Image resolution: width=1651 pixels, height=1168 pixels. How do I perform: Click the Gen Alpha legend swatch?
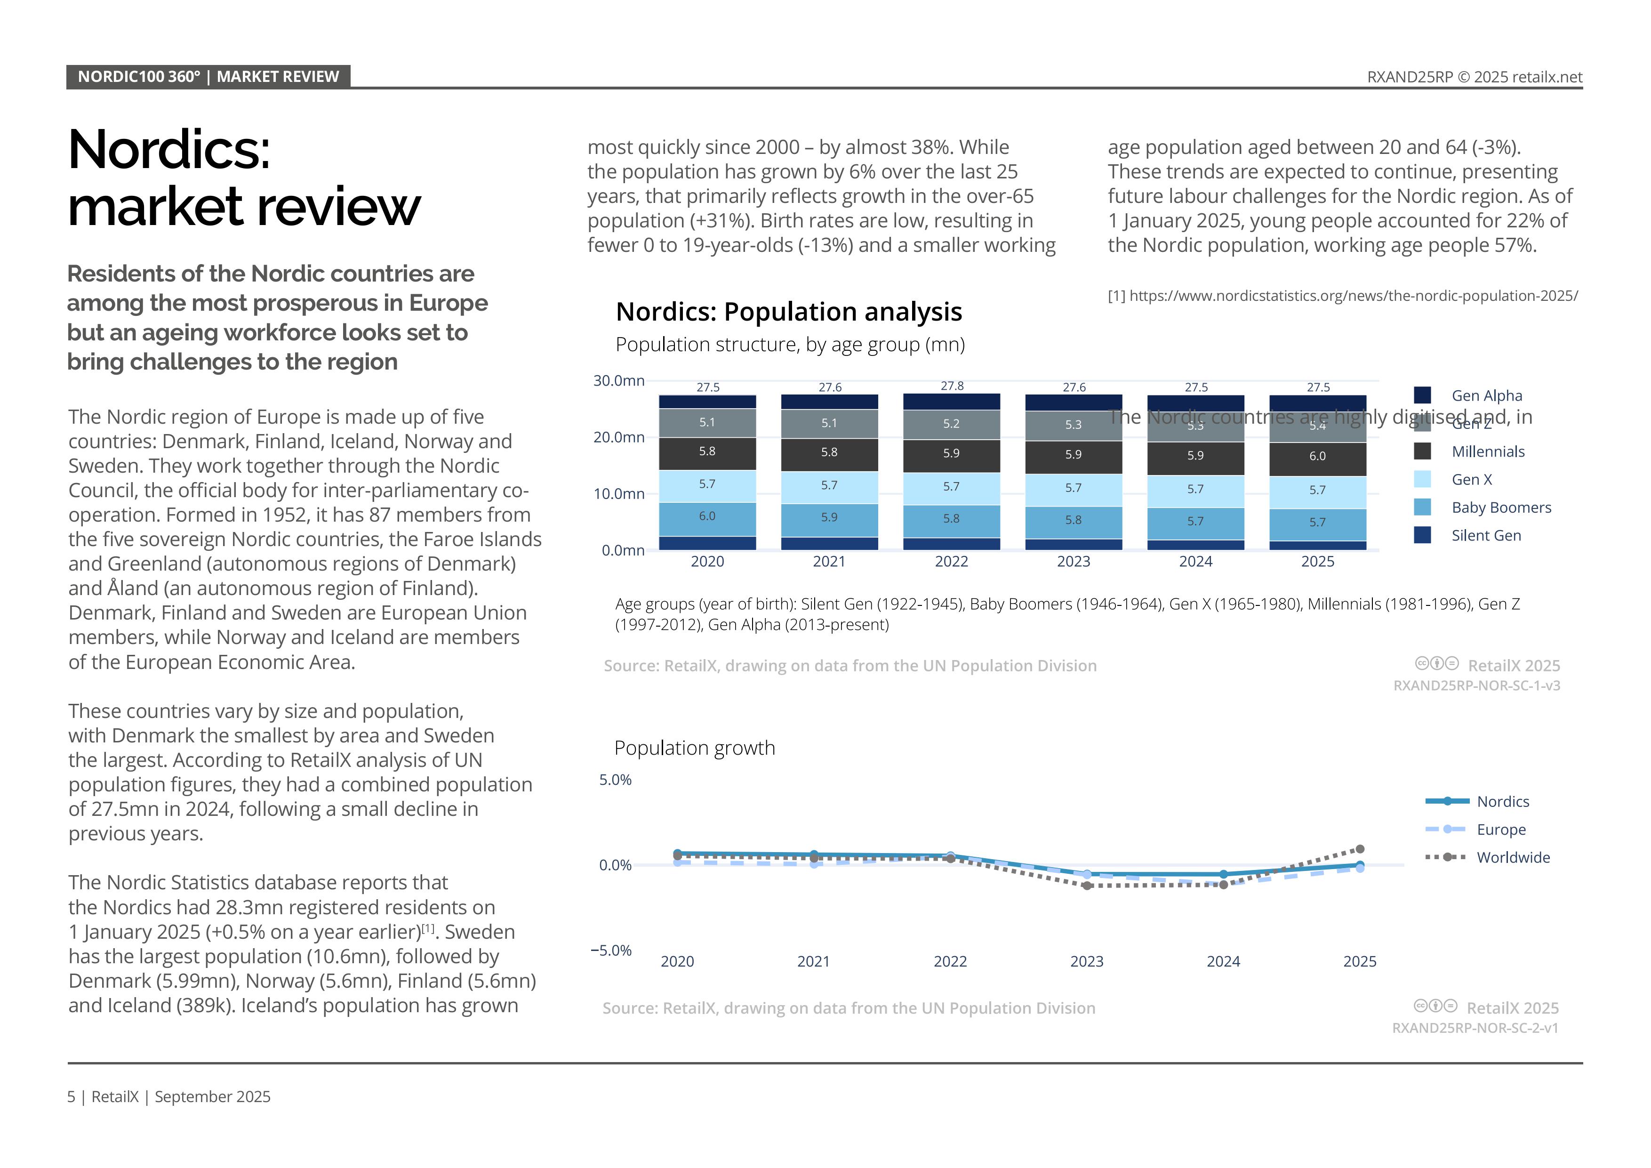pos(1422,395)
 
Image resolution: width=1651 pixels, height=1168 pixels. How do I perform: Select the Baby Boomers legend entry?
pos(1501,508)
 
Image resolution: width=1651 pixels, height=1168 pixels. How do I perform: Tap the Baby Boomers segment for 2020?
pos(707,518)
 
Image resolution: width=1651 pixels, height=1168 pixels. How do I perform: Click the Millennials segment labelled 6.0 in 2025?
pos(1317,458)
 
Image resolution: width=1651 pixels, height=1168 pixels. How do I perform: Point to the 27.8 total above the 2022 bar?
pos(951,386)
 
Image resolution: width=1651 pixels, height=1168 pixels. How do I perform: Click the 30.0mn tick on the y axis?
pos(618,380)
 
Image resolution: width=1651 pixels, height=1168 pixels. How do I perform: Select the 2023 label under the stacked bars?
pos(1073,562)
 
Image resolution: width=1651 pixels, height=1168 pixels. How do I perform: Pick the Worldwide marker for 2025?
pos(1360,849)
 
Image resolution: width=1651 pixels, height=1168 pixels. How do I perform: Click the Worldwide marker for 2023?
pos(1087,886)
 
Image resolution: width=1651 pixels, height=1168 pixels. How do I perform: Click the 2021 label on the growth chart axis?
pos(813,962)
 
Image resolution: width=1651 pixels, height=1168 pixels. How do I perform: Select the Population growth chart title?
pos(695,748)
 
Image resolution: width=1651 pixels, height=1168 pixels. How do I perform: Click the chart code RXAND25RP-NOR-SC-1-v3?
pos(1476,685)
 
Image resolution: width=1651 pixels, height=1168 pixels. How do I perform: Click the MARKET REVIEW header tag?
pos(278,77)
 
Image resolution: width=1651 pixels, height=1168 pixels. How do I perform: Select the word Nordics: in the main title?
pos(170,150)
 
